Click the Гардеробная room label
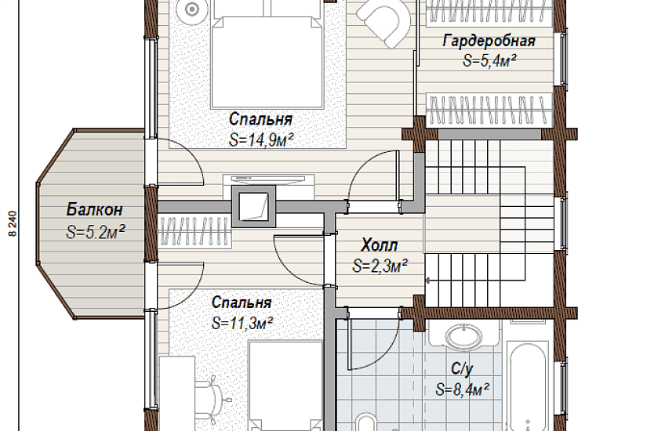point(489,42)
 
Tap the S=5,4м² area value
point(489,61)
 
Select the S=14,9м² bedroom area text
point(261,140)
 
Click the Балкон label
point(94,209)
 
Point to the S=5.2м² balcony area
point(96,232)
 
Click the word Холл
point(380,245)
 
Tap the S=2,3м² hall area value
point(380,266)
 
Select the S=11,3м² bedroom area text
point(242,323)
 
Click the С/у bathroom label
point(462,369)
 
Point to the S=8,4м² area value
point(463,389)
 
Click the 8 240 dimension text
point(13,223)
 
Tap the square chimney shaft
point(253,206)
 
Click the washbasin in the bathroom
point(464,336)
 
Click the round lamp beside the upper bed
point(191,9)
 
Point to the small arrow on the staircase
point(429,281)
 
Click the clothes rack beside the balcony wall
point(194,232)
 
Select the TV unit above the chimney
point(269,179)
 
